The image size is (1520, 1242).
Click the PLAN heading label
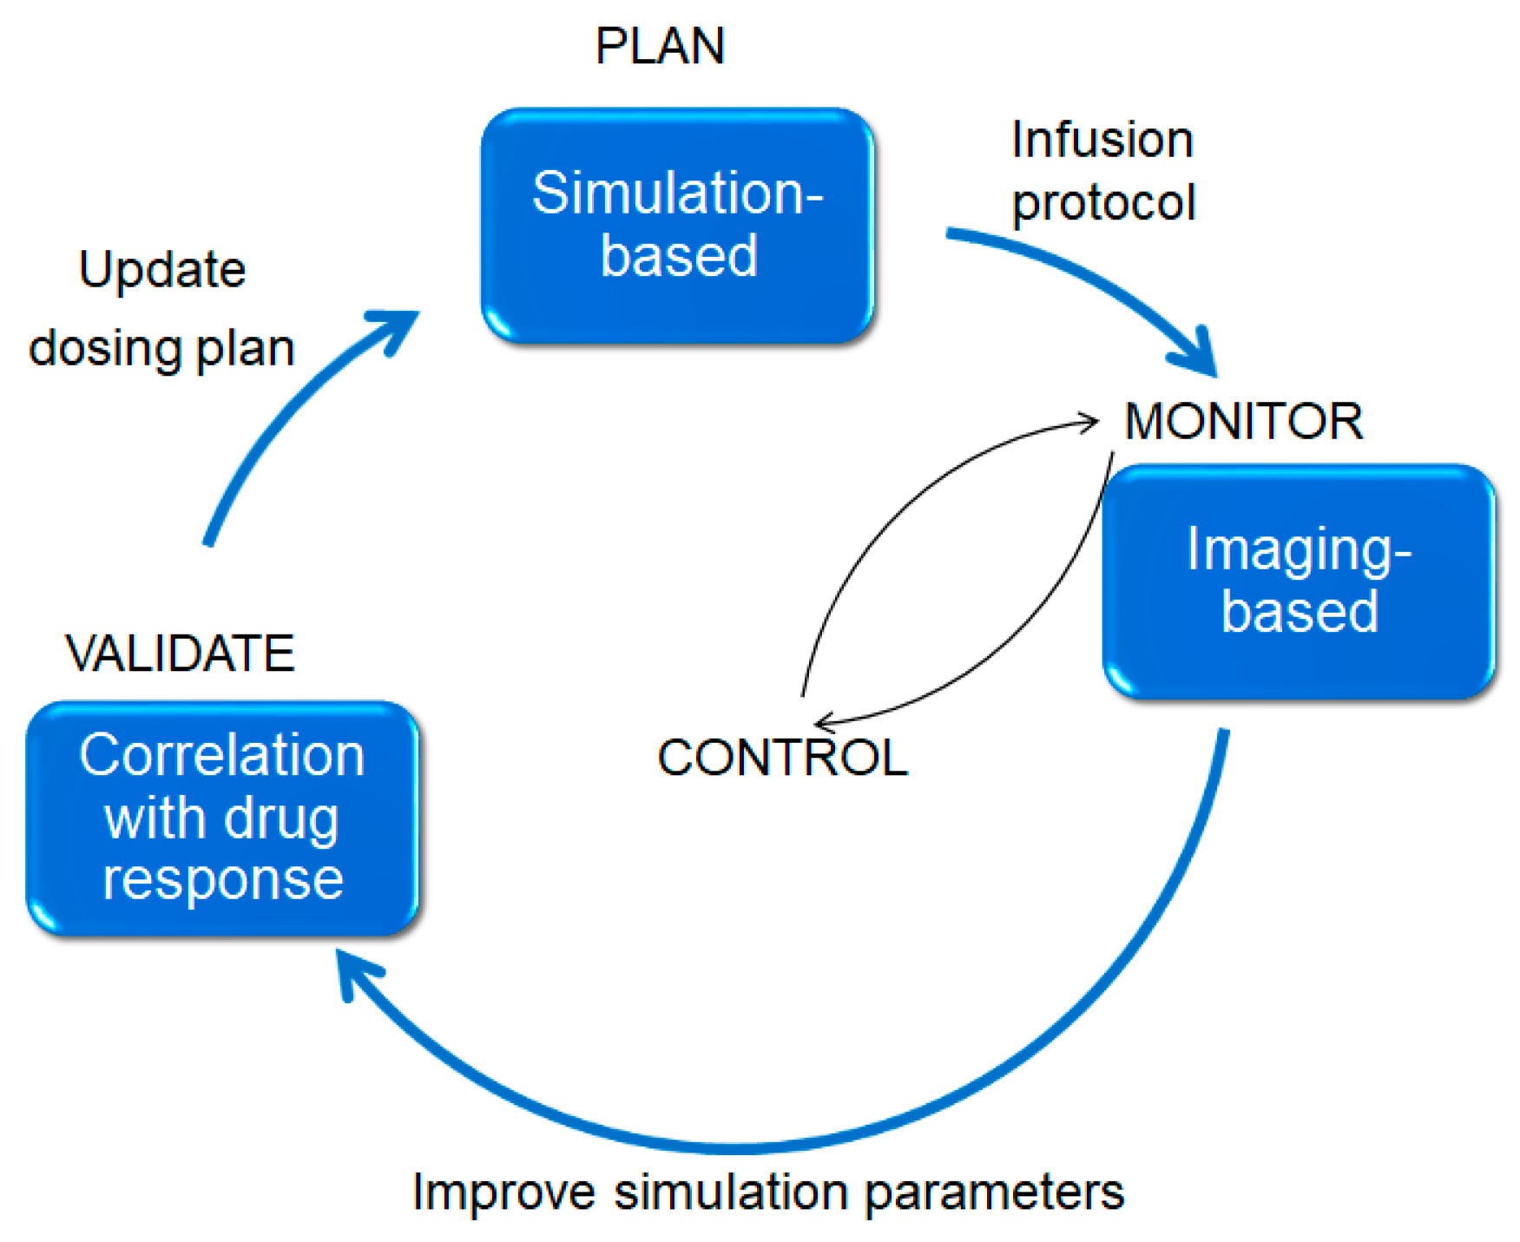659,46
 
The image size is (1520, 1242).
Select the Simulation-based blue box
677,226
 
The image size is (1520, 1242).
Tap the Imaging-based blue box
1298,582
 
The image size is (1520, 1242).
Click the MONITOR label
1242,422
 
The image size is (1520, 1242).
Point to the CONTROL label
782,758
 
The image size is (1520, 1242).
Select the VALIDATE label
180,653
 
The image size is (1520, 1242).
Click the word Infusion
1102,140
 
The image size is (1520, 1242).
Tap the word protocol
1103,203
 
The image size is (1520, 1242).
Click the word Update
162,270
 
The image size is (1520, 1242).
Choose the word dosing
104,349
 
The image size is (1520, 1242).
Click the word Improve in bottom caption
503,1192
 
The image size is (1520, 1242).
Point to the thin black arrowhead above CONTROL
825,721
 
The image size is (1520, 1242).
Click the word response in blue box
223,881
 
